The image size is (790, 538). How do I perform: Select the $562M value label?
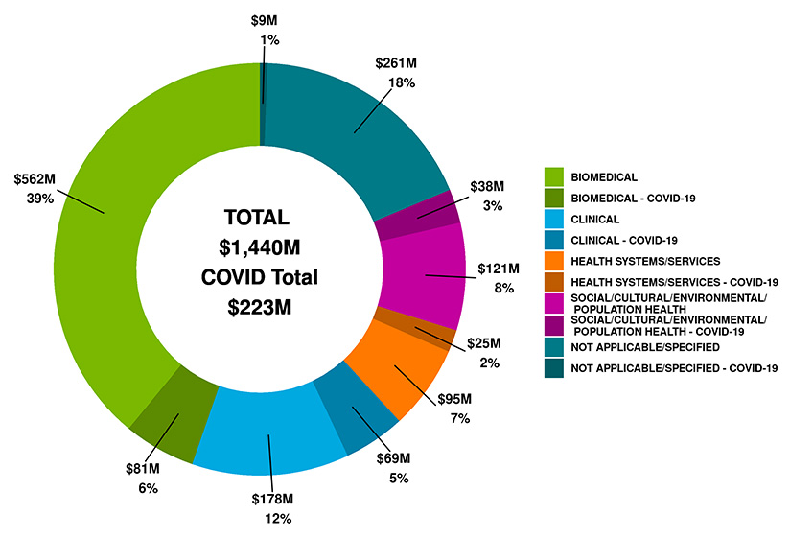pyautogui.click(x=35, y=179)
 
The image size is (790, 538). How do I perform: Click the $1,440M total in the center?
pyautogui.click(x=260, y=246)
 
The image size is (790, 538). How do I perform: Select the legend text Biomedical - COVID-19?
pyautogui.click(x=633, y=199)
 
